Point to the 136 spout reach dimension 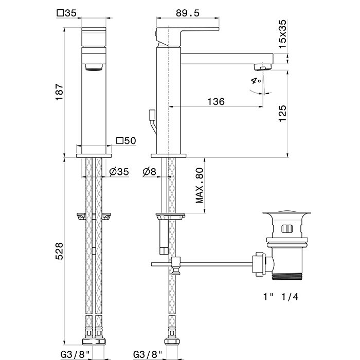216,101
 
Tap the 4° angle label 256,81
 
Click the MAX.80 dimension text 199,185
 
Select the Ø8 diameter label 150,171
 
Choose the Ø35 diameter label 119,171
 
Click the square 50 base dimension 126,140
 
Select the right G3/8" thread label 148,354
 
